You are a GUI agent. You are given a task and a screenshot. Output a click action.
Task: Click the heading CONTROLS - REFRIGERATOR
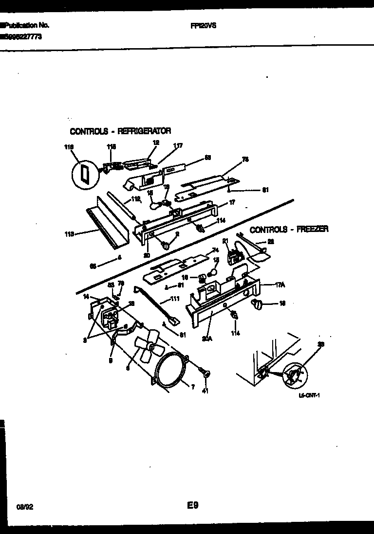tap(120, 131)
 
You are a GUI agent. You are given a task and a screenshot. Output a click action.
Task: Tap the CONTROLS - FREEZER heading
tap(289, 229)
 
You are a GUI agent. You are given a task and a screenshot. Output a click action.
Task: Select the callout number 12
tap(156, 142)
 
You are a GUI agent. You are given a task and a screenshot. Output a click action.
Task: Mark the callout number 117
tap(178, 145)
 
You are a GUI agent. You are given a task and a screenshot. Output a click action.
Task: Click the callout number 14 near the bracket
tap(86, 296)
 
